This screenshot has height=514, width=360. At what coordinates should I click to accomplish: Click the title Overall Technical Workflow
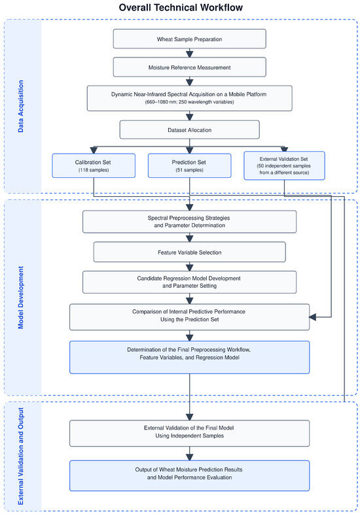point(181,8)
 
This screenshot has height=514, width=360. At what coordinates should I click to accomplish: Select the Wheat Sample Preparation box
point(189,39)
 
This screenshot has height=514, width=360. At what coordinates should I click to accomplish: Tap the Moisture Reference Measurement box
point(189,67)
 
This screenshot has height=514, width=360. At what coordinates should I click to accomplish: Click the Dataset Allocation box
point(189,130)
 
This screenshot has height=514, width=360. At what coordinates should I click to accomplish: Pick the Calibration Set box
point(94,166)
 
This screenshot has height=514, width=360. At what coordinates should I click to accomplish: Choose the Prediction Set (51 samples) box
point(189,166)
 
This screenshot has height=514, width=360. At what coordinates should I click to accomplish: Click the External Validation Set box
point(284,165)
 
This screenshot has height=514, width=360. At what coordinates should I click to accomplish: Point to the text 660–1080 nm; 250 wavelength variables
point(189,102)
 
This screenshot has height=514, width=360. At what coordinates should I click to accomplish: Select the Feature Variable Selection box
point(189,252)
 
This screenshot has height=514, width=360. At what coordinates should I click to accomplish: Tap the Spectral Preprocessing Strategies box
point(189,222)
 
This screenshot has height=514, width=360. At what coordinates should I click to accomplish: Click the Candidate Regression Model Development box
point(189,282)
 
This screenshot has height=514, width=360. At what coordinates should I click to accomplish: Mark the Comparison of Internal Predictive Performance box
point(189,317)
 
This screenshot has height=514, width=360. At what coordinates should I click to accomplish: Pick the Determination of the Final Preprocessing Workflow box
point(189,357)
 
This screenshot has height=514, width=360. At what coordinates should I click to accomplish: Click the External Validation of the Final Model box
point(189,434)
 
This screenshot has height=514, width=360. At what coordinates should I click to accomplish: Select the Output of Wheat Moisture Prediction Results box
point(189,475)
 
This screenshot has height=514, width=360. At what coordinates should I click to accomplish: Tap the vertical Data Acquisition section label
point(21,106)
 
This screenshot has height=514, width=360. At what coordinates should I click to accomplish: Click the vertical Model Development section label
point(21,298)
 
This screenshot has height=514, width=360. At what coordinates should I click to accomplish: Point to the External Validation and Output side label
point(21,456)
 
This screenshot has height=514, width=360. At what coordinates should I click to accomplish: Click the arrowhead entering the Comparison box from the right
point(312,317)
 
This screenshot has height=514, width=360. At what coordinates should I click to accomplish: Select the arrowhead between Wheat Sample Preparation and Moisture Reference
point(189,54)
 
